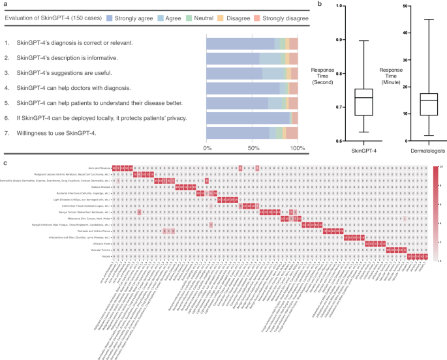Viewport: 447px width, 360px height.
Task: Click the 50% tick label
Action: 253,149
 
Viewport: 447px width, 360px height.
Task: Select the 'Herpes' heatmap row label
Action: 105,257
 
